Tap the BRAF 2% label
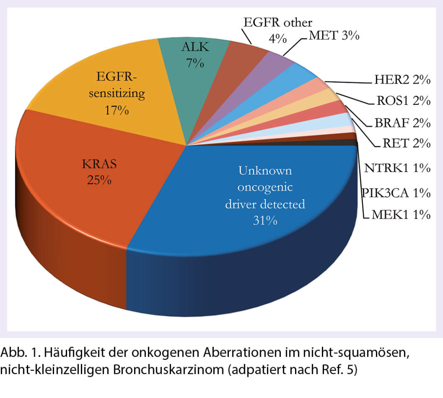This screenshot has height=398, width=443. click(x=402, y=123)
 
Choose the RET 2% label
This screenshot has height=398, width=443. click(x=406, y=143)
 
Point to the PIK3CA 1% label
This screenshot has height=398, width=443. click(x=396, y=192)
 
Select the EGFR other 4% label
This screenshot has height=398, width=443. click(x=277, y=29)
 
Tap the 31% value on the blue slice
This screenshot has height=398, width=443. click(x=265, y=220)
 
